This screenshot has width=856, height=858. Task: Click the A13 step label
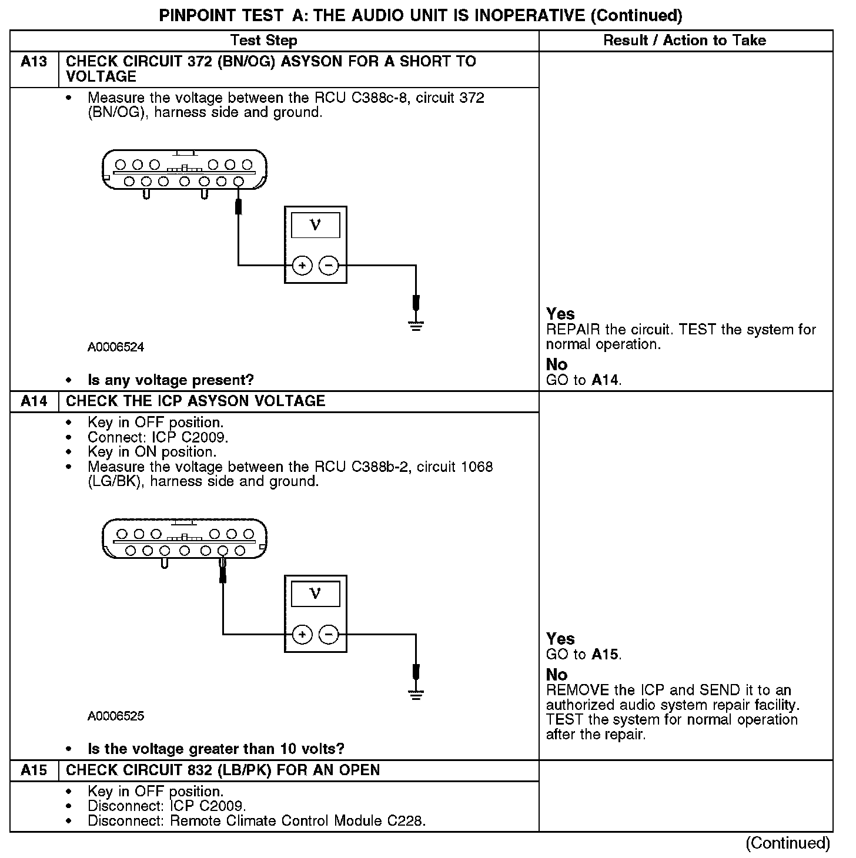click(34, 62)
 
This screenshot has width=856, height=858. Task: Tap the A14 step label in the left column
click(34, 401)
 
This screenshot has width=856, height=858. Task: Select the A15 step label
click(34, 770)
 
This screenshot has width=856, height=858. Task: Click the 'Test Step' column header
click(263, 41)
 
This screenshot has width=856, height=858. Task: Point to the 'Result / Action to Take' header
click(684, 41)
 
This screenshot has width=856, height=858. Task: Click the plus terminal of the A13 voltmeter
click(302, 266)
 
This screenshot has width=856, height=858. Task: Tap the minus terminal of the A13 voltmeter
click(328, 266)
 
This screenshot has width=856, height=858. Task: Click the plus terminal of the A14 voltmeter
click(302, 635)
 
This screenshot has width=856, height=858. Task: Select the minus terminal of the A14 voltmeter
click(328, 635)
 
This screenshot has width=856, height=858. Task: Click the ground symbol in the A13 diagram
click(416, 325)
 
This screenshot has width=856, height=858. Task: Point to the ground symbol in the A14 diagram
click(416, 694)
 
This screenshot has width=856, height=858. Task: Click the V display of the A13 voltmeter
click(315, 225)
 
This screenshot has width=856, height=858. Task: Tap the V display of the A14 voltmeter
click(315, 594)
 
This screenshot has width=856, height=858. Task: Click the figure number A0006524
click(116, 347)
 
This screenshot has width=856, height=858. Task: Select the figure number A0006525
click(116, 716)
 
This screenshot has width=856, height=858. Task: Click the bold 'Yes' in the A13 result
click(560, 314)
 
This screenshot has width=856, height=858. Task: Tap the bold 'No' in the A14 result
click(557, 675)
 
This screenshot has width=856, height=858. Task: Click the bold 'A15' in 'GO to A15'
click(605, 654)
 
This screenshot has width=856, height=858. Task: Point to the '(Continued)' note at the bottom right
click(788, 843)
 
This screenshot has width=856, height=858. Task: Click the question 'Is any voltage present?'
click(170, 380)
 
